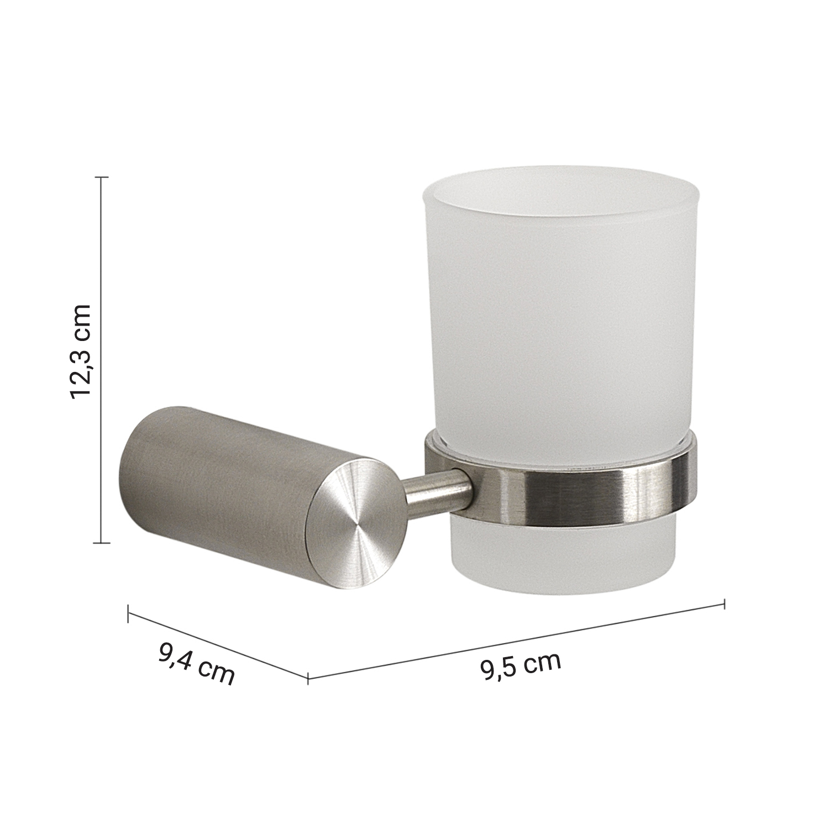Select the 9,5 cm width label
521,665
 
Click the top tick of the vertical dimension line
101,177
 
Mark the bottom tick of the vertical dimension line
101,543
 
